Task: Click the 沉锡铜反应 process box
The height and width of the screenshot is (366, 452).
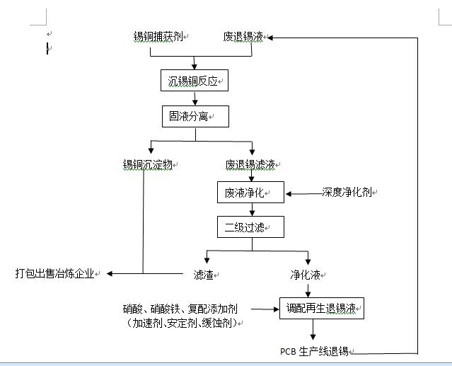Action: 195,80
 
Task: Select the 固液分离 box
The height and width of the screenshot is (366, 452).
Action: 195,116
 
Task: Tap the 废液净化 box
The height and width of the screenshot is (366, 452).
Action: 250,192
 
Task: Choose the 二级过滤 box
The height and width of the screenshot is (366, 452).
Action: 250,227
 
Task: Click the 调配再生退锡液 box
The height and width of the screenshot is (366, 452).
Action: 322,309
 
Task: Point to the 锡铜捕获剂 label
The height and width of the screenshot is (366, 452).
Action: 158,37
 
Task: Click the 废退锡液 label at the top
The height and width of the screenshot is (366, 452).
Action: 243,37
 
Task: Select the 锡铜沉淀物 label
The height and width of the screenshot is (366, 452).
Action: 148,165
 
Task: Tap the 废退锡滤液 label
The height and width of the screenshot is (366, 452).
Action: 250,165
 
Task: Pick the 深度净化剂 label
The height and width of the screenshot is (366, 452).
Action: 347,192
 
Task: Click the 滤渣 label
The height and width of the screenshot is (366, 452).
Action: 204,275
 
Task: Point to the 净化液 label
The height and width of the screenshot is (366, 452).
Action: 306,275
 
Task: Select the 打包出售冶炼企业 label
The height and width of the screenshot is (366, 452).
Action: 54,273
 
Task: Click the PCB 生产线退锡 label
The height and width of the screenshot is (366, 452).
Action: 314,351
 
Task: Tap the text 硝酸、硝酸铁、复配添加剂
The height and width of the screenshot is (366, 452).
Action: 180,309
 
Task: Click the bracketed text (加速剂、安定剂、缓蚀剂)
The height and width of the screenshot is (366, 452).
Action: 182,323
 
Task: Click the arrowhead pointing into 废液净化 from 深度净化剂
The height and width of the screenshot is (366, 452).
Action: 289,194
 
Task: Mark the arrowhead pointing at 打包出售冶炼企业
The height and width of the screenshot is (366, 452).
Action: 110,273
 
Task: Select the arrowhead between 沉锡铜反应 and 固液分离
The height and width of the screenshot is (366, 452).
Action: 195,102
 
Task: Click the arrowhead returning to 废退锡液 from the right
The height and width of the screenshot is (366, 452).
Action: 270,38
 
